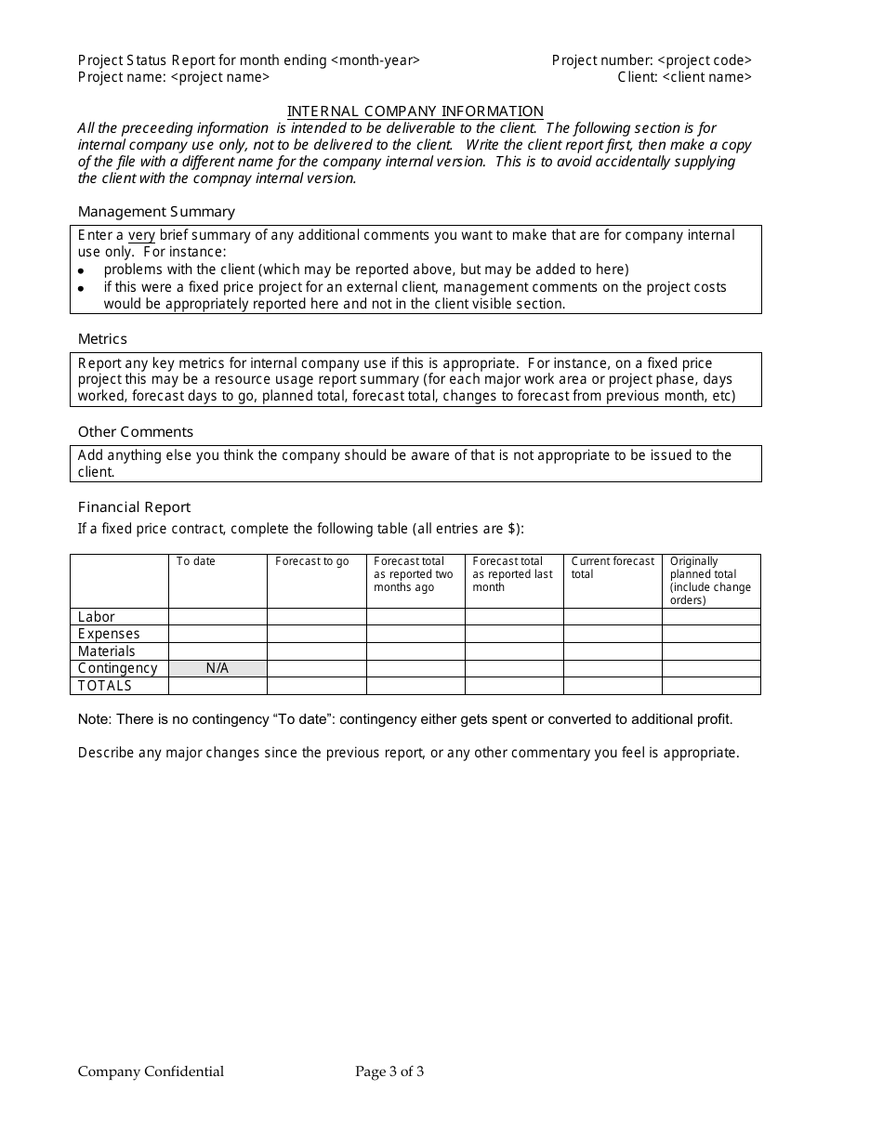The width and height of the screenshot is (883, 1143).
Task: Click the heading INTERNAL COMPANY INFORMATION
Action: [x=415, y=112]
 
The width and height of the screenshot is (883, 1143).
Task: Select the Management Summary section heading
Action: [x=156, y=212]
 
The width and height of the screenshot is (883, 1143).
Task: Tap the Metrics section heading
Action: [x=102, y=339]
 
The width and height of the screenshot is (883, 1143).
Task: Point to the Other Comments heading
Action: [x=136, y=432]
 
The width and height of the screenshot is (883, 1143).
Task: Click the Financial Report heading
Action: [x=134, y=507]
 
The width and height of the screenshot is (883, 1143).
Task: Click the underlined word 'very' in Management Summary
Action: [x=141, y=236]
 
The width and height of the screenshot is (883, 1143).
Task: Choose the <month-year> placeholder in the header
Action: [x=375, y=60]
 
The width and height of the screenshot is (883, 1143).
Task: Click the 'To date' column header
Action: [x=196, y=562]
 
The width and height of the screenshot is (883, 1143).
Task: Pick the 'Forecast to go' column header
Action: [x=312, y=562]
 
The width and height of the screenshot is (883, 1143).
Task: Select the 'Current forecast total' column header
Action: [x=613, y=568]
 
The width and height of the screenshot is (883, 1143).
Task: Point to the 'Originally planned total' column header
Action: [x=710, y=581]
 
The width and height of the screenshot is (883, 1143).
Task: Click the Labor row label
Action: [x=97, y=617]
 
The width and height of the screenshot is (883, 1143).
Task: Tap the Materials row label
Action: [x=107, y=651]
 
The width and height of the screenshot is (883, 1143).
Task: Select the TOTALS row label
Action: [x=105, y=686]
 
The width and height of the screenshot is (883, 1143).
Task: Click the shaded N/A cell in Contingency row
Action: [x=217, y=669]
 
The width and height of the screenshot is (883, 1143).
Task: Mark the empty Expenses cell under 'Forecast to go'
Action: [x=316, y=635]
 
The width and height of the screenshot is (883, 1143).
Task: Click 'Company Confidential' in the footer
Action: [x=151, y=1072]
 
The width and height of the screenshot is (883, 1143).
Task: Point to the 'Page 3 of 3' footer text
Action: [x=389, y=1072]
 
